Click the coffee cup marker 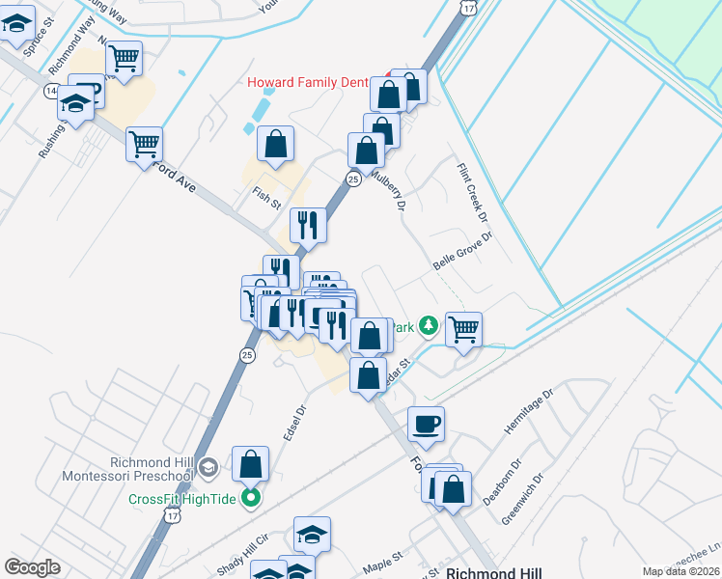click(425, 423)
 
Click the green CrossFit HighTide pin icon click(251, 499)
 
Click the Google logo click(33, 567)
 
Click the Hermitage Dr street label click(531, 409)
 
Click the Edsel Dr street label click(294, 423)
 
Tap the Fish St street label click(265, 199)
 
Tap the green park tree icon click(429, 327)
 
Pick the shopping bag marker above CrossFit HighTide click(251, 464)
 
